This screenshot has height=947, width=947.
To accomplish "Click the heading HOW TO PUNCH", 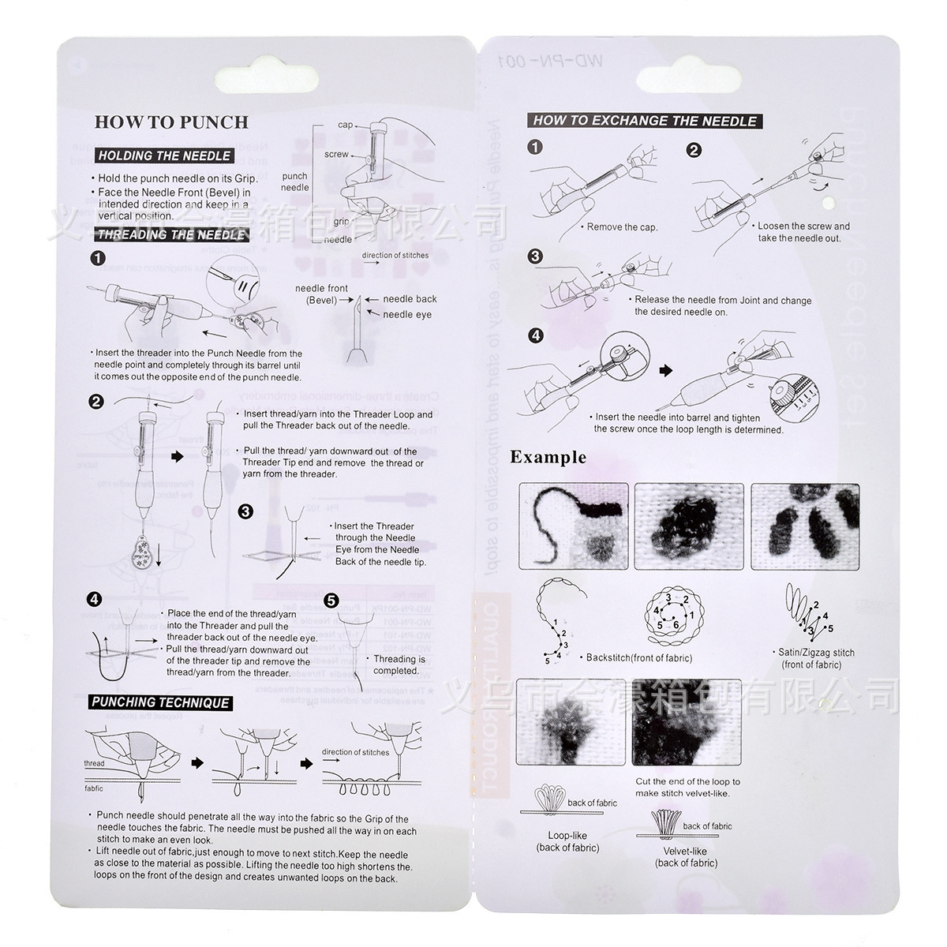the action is coord(171,122).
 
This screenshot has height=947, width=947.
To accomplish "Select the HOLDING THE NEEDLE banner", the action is coord(164,155).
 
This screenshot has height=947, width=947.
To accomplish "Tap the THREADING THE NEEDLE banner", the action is coord(170,234).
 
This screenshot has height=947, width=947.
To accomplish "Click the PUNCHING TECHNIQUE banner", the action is coord(160,702).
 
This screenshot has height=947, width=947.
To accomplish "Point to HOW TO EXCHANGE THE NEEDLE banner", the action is coord(645,121).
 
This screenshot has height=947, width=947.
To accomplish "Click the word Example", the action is coord(548,457).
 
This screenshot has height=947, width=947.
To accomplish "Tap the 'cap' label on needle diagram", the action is coord(346,125).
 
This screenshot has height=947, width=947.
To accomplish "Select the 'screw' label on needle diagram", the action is coord(336,155).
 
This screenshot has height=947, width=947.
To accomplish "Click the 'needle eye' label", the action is coord(407,314).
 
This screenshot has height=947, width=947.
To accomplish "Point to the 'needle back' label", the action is coord(410,299).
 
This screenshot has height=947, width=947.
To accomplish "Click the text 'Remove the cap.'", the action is coord(622,227).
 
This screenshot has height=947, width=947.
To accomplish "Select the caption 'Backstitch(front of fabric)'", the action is coord(638,657).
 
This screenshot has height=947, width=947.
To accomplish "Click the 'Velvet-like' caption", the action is coord(685,852).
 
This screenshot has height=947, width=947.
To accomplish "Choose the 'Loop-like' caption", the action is coord(567,836).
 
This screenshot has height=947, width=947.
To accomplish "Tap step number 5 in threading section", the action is coord(331,601).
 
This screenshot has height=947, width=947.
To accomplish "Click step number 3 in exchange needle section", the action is coord(536,256).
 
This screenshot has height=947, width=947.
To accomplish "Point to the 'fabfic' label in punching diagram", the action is coord(94,788).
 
